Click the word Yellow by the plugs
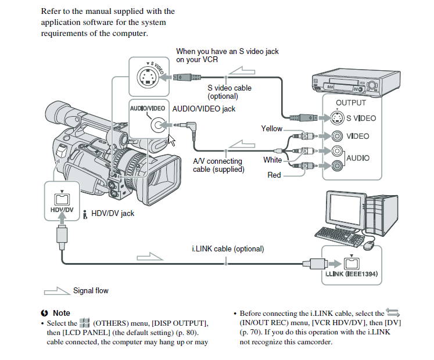[x=271, y=128]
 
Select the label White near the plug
[x=272, y=160]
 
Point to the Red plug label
[x=274, y=175]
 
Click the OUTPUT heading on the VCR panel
[x=351, y=103]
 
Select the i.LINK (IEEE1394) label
[x=351, y=273]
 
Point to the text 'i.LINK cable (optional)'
[x=228, y=249]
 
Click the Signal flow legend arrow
[x=56, y=290]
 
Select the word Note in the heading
[x=61, y=313]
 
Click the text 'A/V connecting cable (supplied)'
[x=218, y=165]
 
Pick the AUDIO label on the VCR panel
[x=357, y=158]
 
